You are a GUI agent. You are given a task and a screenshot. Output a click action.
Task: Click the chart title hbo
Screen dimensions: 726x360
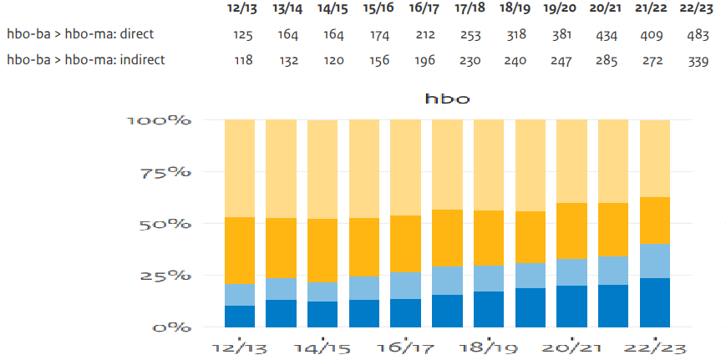[447, 99]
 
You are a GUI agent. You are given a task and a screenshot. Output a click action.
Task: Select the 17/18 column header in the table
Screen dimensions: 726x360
[470, 9]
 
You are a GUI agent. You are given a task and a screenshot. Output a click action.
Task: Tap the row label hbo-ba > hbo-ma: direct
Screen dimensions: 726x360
[80, 34]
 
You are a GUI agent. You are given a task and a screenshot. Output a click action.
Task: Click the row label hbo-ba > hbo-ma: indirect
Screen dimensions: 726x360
[86, 60]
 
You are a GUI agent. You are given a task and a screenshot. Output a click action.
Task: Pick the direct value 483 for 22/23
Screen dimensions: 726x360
[698, 35]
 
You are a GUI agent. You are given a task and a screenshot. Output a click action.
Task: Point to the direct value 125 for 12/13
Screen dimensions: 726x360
[242, 35]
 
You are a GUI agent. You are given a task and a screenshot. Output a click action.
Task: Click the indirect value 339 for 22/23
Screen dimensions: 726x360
[698, 61]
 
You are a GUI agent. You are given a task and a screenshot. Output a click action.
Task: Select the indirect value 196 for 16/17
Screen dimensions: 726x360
[425, 61]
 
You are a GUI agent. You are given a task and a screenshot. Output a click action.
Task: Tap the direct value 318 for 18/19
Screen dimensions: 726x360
[515, 35]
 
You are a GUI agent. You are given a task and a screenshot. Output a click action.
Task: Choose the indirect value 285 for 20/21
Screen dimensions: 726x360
[606, 61]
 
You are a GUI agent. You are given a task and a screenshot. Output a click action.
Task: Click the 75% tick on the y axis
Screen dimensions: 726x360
[165, 172]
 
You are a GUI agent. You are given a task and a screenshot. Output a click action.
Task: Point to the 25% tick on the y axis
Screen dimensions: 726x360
[165, 276]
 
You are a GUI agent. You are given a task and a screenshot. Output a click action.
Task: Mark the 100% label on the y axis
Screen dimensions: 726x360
[158, 120]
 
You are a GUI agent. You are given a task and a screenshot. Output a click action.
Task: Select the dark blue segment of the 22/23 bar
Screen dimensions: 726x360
[655, 302]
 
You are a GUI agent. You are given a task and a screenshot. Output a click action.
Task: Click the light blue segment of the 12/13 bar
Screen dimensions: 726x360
[240, 295]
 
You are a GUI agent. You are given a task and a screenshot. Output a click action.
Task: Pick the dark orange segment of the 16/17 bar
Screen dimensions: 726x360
[405, 244]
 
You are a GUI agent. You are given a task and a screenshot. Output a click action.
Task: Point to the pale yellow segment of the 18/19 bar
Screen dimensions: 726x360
[489, 165]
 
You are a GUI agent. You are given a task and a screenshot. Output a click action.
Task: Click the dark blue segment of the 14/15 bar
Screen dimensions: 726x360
[322, 314]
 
